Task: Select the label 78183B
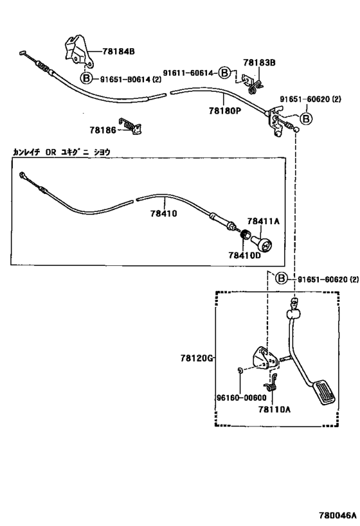coord(259,62)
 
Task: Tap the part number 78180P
coord(225,110)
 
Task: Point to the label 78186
coord(102,130)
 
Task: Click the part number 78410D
coord(244,255)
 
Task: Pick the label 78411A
coord(264,221)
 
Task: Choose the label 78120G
coord(197,358)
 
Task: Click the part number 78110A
coord(274,409)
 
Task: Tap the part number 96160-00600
coord(240,398)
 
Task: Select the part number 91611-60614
coord(188,73)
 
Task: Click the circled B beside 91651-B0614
coord(86,79)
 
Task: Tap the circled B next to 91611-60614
coord(224,73)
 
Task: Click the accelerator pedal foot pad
coord(324,392)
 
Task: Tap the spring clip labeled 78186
coord(131,126)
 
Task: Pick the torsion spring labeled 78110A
coord(271,383)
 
